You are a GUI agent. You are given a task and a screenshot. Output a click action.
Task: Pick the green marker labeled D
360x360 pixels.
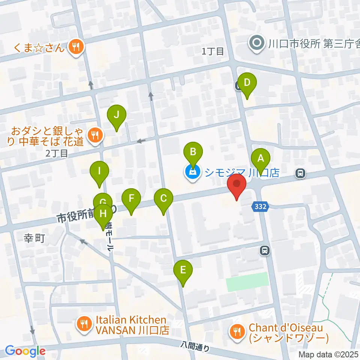click(247, 83)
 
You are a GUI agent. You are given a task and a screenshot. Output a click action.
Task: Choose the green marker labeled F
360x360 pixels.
click(131, 198)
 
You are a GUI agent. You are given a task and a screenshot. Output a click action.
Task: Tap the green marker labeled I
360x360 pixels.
click(99, 172)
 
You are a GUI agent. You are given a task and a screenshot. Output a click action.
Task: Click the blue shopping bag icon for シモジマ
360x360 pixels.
click(193, 173)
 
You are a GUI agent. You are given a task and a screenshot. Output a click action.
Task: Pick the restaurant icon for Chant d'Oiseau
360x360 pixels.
click(237, 331)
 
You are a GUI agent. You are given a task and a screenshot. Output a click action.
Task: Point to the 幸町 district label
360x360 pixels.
click(34, 239)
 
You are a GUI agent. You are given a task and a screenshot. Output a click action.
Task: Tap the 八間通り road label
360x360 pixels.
click(195, 346)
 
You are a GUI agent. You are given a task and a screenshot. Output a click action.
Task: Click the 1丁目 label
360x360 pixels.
click(213, 51)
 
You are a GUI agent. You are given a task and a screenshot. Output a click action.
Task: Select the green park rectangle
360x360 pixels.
click(248, 282)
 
